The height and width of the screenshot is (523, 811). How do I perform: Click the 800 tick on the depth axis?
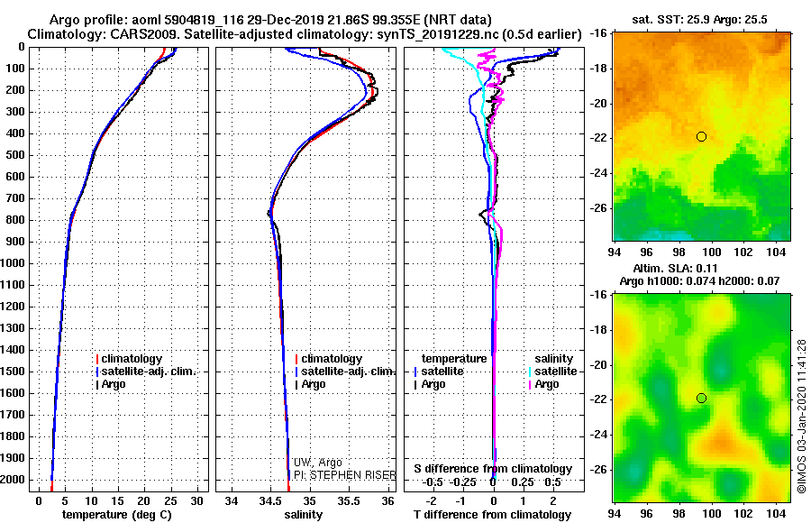(x=13, y=220)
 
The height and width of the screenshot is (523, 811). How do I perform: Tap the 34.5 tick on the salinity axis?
(x=270, y=500)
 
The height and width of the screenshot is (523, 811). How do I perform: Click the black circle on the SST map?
(x=701, y=136)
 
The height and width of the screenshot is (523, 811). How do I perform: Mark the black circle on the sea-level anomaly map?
(x=701, y=398)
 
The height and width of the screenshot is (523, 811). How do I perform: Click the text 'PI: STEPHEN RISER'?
(x=332, y=474)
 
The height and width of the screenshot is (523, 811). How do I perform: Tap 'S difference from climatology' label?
(x=493, y=469)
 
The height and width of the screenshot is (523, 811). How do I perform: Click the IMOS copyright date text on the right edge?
(x=802, y=416)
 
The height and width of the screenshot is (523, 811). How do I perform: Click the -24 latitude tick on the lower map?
(x=598, y=435)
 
